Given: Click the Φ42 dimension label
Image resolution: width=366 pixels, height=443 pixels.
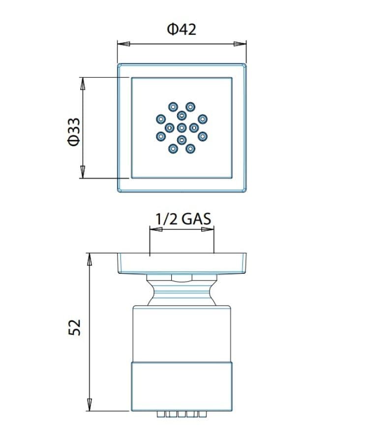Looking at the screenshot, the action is (182, 29).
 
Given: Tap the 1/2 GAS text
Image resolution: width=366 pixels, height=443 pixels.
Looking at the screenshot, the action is (183, 219).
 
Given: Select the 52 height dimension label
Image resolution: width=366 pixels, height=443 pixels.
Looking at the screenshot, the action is (74, 327).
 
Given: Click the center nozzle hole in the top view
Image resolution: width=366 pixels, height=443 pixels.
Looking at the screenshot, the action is (182, 128).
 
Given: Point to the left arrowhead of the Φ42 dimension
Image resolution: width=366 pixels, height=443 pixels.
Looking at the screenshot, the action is (123, 44).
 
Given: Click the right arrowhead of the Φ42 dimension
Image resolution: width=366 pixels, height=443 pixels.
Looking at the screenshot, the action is (240, 44).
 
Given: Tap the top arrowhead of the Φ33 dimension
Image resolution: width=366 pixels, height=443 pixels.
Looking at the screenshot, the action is (83, 84).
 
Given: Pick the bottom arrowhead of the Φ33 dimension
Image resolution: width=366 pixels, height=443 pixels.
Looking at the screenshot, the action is (83, 172).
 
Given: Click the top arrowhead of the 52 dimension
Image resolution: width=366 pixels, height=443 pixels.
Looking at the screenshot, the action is (89, 259).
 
